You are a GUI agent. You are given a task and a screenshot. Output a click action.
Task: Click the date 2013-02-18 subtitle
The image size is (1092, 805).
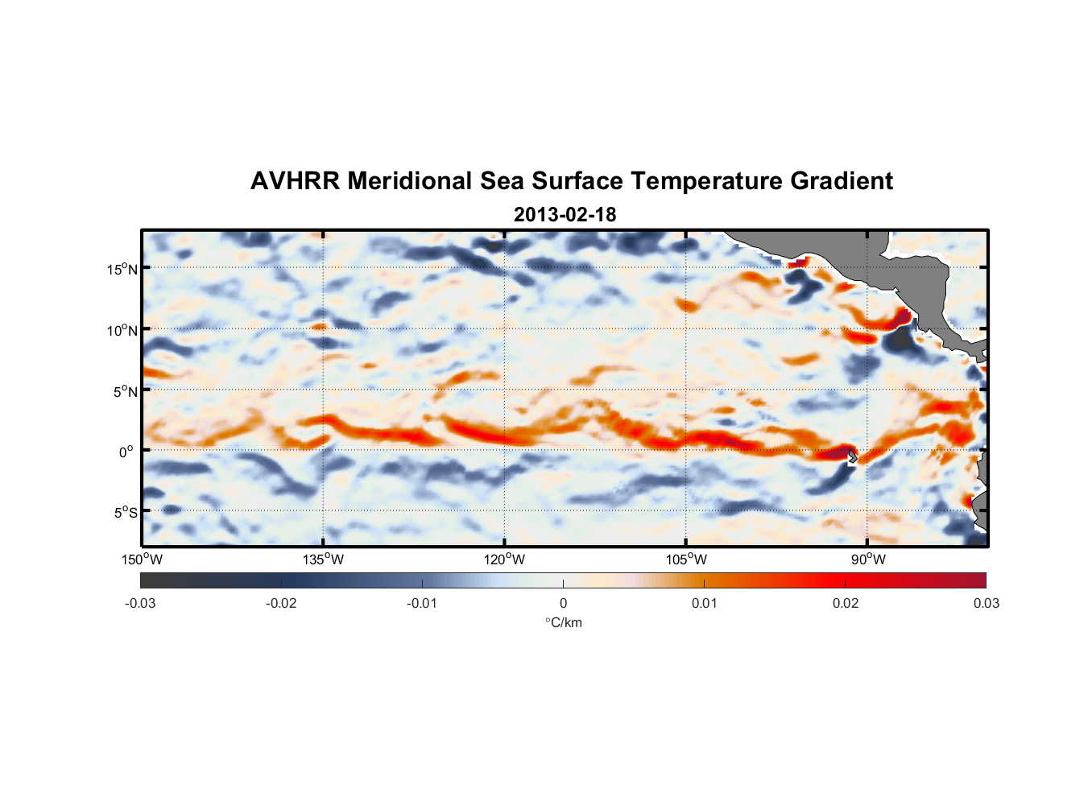click(565, 215)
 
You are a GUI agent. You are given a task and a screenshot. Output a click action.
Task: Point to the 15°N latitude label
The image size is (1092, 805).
click(122, 269)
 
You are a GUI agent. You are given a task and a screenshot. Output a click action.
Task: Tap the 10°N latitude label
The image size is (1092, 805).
click(122, 330)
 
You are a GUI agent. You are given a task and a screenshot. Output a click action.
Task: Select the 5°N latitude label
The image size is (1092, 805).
click(125, 391)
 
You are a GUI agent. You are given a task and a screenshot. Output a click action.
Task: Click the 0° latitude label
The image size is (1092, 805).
click(126, 452)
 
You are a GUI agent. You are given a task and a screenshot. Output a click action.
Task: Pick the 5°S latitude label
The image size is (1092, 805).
click(125, 512)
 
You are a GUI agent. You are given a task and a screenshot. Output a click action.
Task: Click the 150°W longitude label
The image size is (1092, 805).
click(142, 559)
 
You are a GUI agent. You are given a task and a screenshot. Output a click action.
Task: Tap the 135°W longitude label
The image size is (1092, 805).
click(323, 559)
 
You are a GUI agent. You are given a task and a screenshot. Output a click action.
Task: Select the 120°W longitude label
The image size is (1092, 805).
click(504, 559)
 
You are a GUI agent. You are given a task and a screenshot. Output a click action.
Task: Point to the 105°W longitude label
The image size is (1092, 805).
click(686, 559)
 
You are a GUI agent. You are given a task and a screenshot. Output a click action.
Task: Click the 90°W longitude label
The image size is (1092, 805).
click(868, 559)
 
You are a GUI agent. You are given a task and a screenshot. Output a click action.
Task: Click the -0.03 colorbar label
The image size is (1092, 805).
click(140, 603)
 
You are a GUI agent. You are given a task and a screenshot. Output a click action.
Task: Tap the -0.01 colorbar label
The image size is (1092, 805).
click(422, 603)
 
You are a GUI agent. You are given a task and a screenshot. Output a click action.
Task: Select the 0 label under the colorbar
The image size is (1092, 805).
click(563, 603)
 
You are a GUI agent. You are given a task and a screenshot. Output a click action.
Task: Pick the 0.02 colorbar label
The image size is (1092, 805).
click(846, 603)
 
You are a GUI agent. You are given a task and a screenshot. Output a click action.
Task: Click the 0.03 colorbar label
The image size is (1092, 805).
click(986, 603)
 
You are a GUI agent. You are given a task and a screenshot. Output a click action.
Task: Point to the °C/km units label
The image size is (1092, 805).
click(564, 622)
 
